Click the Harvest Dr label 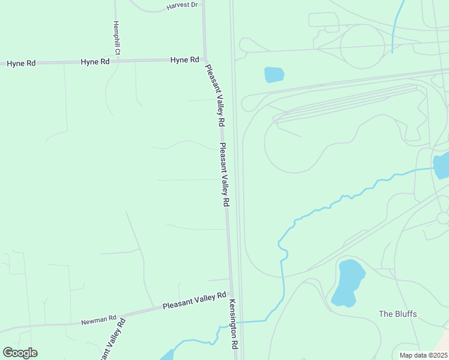pos(182,5)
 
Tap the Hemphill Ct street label pos(117,39)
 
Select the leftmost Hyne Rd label pos(21,63)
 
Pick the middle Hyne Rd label pos(95,61)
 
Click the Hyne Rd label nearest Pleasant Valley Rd pos(184,59)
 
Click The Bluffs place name pos(397,314)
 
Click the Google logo pos(20,353)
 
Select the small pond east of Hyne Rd pos(274,74)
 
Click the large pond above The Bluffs pos(348,282)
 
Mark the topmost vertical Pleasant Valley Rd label pos(215,95)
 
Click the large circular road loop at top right pos(362,46)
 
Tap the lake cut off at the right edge pos(442,165)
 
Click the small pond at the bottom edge pos(167,356)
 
